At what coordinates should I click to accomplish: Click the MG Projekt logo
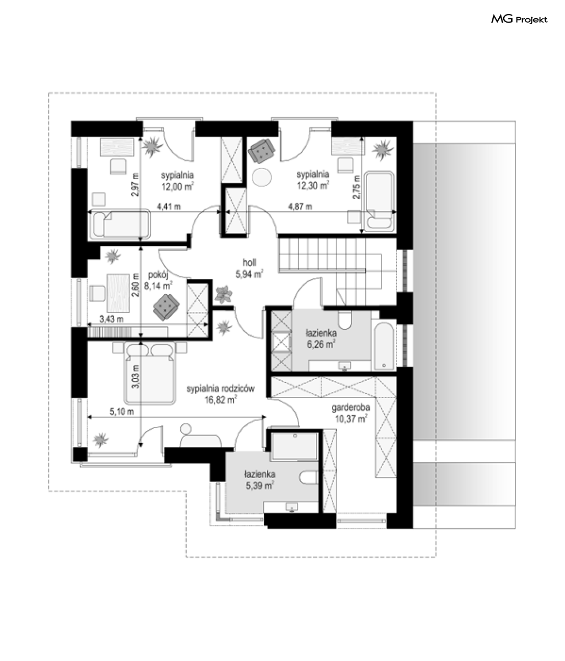pyautogui.click(x=519, y=19)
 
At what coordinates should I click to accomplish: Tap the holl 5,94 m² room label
pyautogui.click(x=249, y=268)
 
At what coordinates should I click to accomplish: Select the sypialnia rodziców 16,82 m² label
pyautogui.click(x=221, y=394)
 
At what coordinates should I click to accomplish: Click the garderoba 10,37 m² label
pyautogui.click(x=351, y=413)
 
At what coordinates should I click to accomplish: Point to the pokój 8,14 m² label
pyautogui.click(x=158, y=280)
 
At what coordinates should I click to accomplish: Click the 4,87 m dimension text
pyautogui.click(x=300, y=207)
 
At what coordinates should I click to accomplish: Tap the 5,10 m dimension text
pyautogui.click(x=122, y=411)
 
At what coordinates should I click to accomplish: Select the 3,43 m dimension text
pyautogui.click(x=111, y=319)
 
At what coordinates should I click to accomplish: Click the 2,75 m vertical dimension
pyautogui.click(x=357, y=187)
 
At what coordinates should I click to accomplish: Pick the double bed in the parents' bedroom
pyautogui.click(x=150, y=373)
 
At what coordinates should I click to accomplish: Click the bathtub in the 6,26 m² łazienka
pyautogui.click(x=384, y=346)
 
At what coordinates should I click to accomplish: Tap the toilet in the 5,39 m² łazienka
pyautogui.click(x=308, y=477)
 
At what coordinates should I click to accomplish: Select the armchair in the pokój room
pyautogui.click(x=166, y=307)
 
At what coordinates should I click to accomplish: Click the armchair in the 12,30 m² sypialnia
pyautogui.click(x=262, y=151)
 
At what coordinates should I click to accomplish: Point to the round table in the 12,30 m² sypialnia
pyautogui.click(x=262, y=176)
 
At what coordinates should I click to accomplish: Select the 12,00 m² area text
pyautogui.click(x=178, y=186)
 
